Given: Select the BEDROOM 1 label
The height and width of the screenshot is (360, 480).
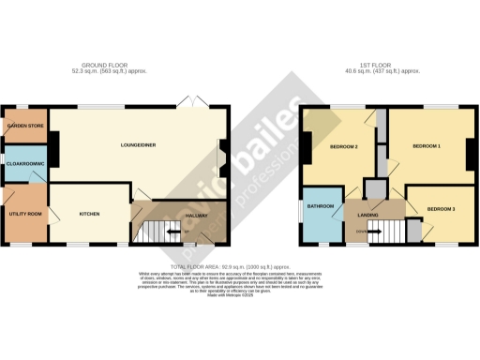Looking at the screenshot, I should pos(427,147).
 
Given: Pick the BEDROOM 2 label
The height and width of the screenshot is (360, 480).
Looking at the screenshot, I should pos(344,147).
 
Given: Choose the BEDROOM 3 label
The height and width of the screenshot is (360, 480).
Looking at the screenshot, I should pos(441,208).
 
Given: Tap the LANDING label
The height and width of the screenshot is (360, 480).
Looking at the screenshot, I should pos(367,216).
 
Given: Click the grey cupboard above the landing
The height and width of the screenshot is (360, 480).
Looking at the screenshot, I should pos(376,188).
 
